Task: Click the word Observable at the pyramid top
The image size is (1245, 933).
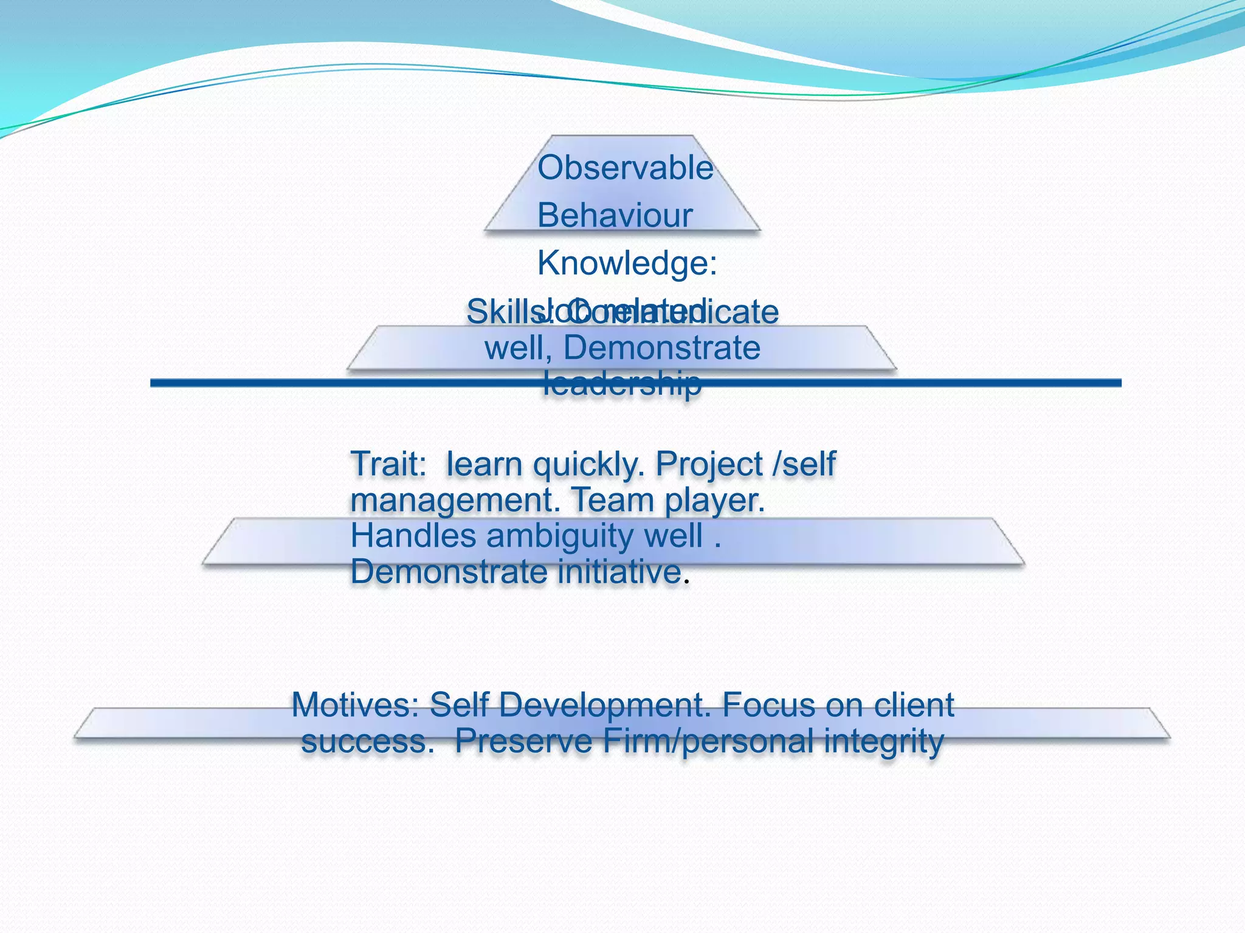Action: [x=625, y=168]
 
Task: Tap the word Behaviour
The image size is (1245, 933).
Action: [x=615, y=216]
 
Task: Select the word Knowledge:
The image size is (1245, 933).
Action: [x=627, y=264]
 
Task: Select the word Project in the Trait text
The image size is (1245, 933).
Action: [x=709, y=465]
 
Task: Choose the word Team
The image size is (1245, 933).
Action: [x=613, y=501]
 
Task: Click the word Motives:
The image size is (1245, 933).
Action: [x=355, y=706]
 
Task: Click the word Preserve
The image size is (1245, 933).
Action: [x=523, y=742]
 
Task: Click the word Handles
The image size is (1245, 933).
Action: [x=413, y=537]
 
